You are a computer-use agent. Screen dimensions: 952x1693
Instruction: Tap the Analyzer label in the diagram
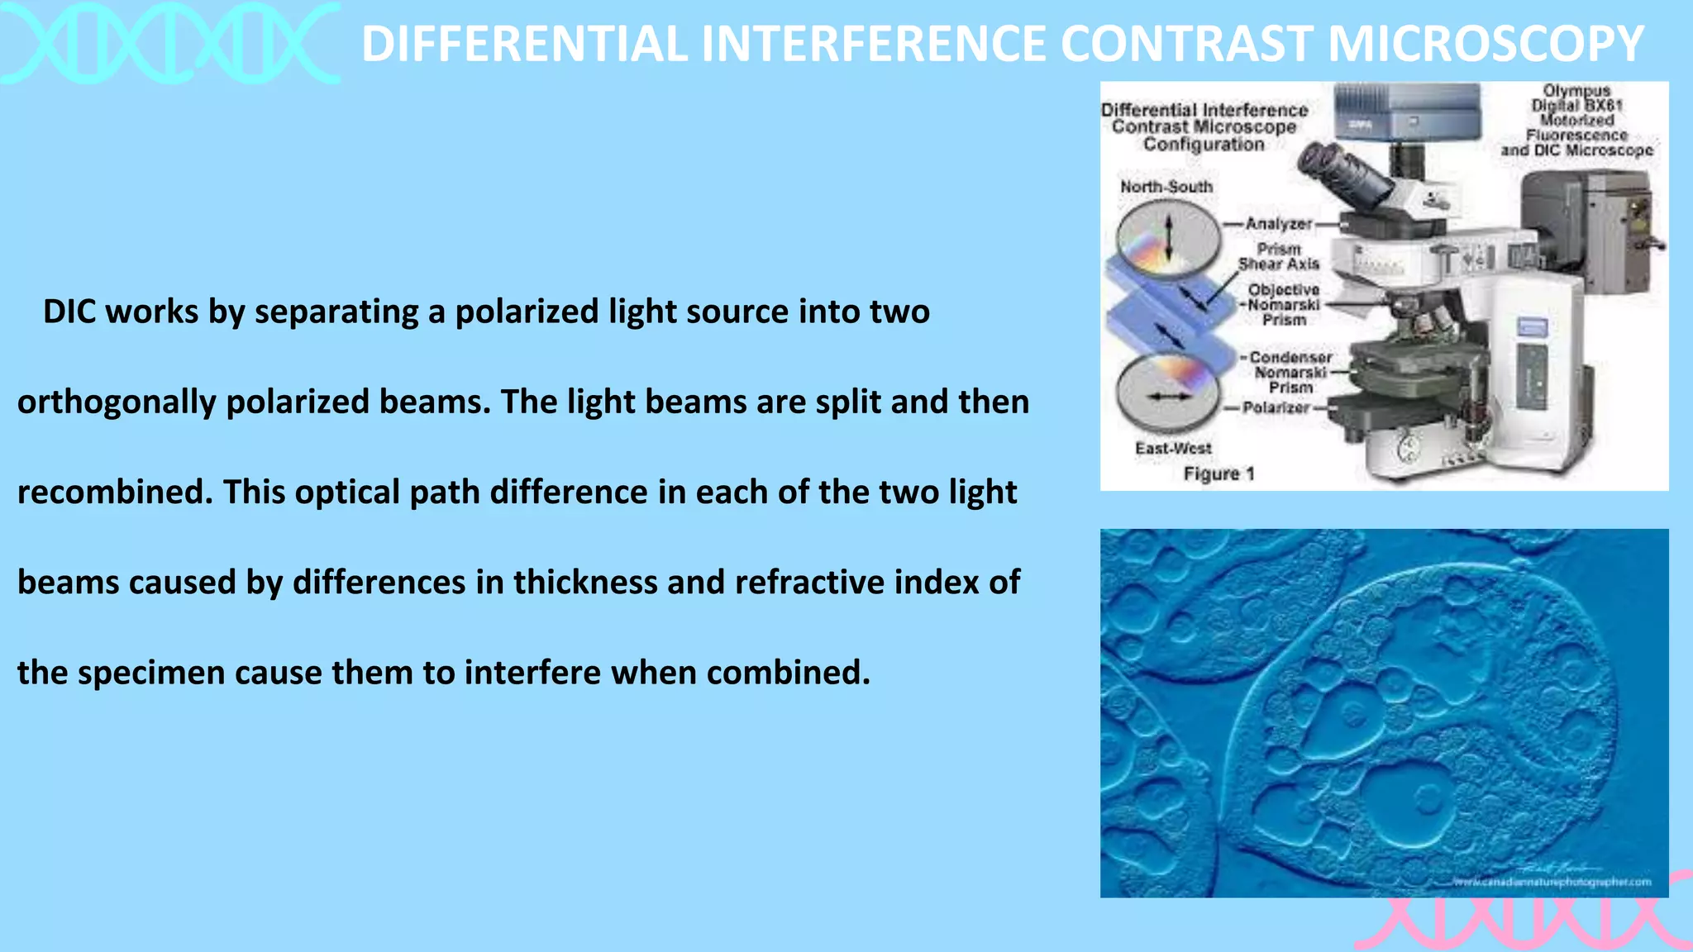(1278, 223)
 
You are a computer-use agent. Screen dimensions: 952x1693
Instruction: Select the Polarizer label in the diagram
(1276, 407)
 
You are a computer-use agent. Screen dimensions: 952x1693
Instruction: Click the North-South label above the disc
(1166, 187)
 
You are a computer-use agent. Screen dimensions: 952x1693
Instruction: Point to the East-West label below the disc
(1172, 448)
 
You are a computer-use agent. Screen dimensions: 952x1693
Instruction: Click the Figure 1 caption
(1218, 474)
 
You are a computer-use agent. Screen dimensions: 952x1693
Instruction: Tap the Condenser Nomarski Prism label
(1290, 372)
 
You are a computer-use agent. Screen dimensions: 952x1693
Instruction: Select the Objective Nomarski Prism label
(1283, 304)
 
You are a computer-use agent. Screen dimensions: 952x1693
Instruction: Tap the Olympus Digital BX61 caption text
(1576, 120)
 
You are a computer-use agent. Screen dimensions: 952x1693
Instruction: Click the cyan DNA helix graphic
(169, 43)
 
